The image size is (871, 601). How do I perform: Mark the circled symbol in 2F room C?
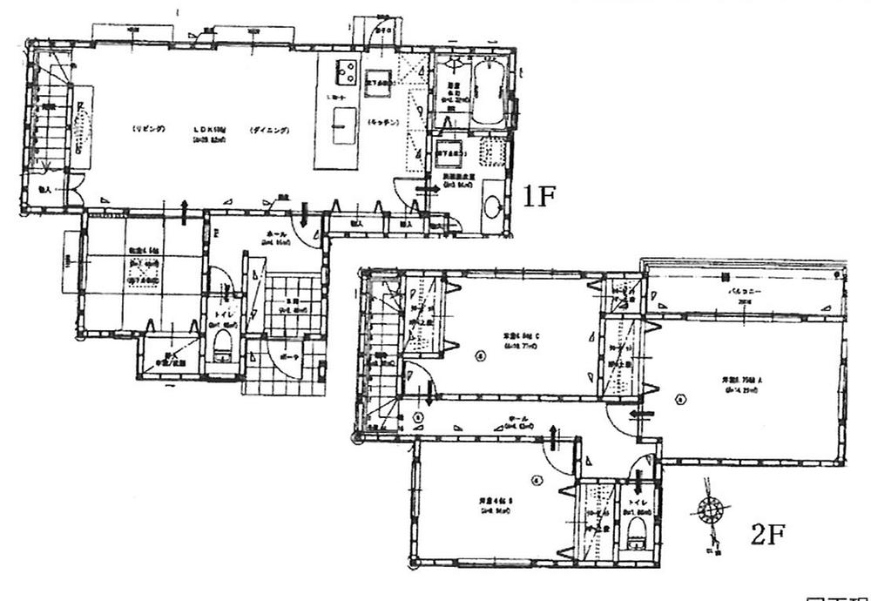[x=479, y=355]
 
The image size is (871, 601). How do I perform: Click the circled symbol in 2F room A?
[x=682, y=401]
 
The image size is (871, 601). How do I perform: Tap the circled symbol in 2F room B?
[x=538, y=478]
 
